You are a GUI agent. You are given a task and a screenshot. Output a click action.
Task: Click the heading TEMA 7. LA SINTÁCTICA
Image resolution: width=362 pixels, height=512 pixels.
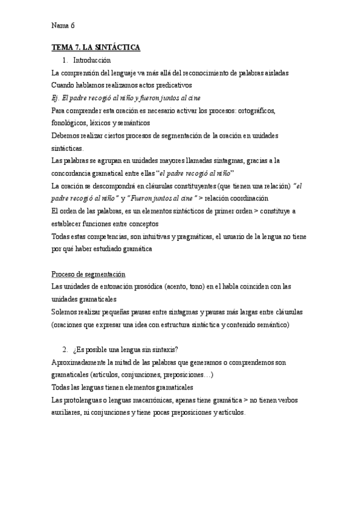tap(95, 47)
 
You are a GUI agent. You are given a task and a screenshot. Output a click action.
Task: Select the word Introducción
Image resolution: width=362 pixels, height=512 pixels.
tap(92, 60)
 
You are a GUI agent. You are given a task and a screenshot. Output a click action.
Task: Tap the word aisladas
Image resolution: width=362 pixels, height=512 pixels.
tap(275, 72)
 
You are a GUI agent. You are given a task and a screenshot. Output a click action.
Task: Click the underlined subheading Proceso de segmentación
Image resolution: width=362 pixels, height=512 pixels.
tap(88, 274)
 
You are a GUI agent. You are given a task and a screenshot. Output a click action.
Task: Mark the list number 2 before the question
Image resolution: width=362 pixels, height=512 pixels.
tap(65, 350)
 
